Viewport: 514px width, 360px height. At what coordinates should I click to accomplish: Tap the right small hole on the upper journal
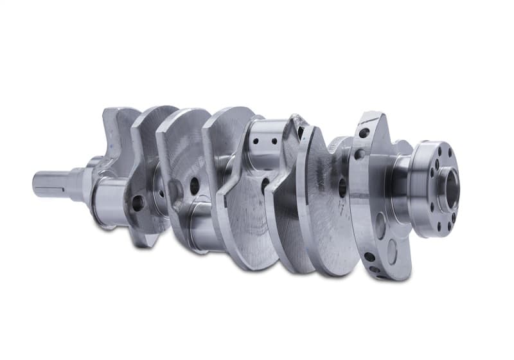[x=274, y=141]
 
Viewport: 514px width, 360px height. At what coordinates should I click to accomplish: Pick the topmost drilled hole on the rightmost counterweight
[x=364, y=133]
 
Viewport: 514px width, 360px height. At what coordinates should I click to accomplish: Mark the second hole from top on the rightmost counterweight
[x=359, y=154]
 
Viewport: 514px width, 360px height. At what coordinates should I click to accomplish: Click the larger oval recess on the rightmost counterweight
[x=380, y=226]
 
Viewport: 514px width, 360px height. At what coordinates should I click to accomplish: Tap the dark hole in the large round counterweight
[x=342, y=187]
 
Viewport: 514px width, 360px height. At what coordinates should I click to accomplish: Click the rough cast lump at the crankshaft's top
[x=297, y=122]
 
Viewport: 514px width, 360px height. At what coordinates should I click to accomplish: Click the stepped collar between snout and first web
[x=82, y=183]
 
